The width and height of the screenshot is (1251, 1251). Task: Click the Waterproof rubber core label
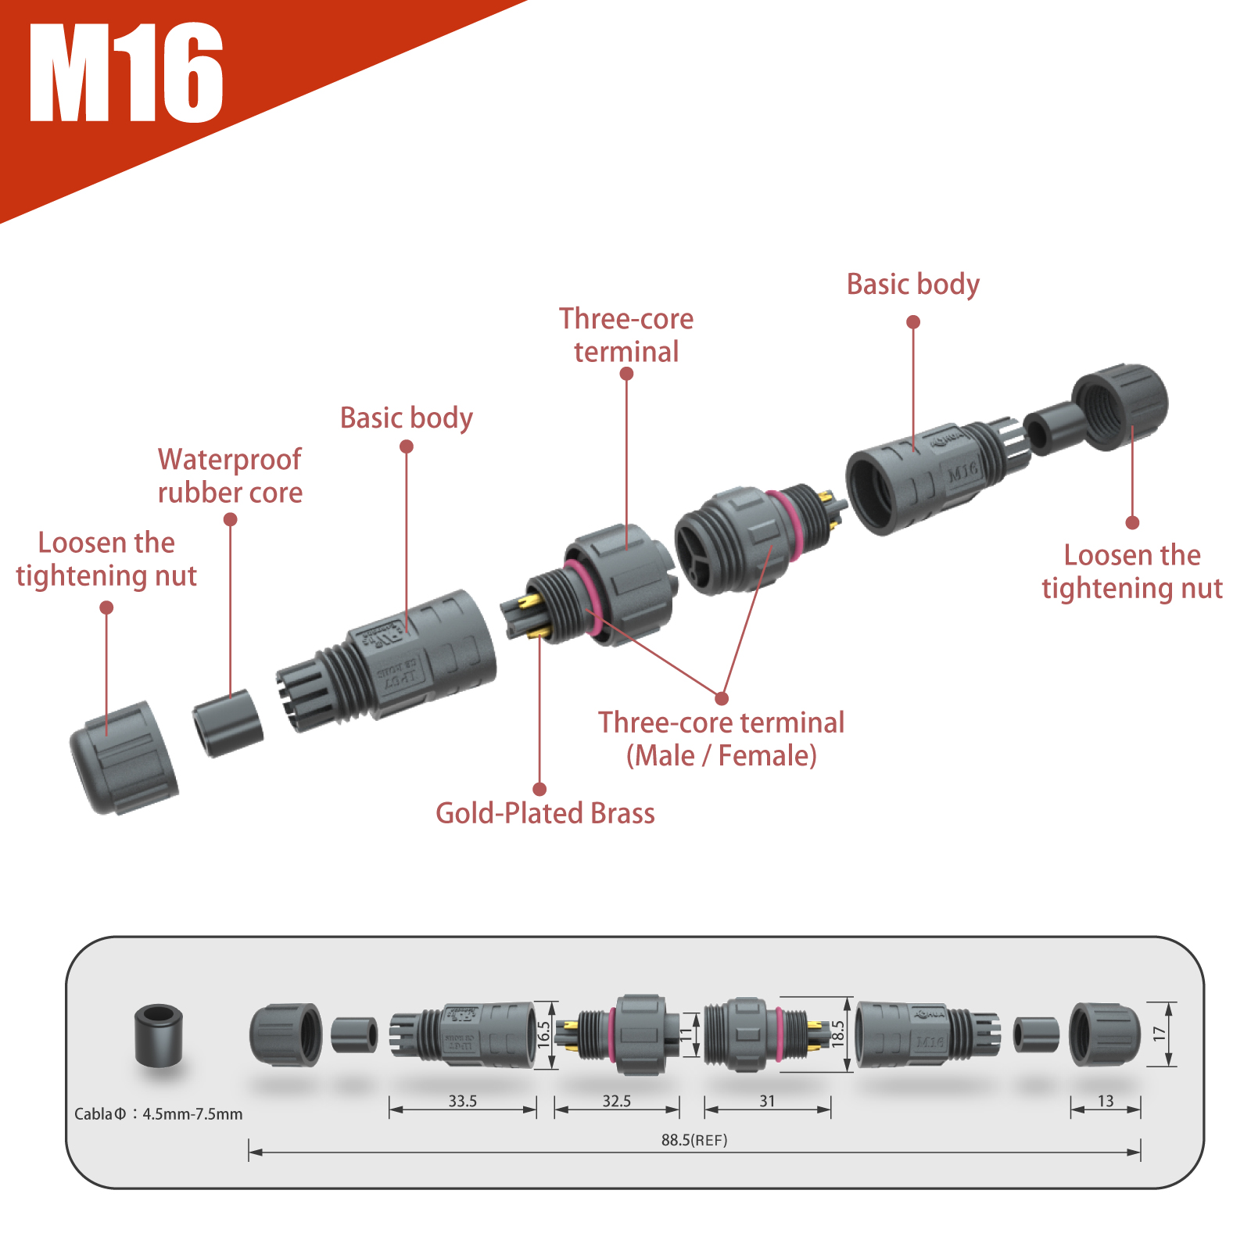point(230,476)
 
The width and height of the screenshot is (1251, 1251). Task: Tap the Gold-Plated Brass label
point(545,813)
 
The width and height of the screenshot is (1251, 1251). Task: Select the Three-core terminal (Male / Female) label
point(721,739)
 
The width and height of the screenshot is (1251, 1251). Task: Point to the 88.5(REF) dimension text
point(694,1140)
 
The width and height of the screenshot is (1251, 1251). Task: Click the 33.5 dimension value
point(462,1101)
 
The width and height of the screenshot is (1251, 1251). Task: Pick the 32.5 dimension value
point(616,1101)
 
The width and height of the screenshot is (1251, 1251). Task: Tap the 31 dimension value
point(767,1101)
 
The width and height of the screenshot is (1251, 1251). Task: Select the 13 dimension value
point(1105,1101)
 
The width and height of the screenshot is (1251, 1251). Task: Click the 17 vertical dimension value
point(1159,1034)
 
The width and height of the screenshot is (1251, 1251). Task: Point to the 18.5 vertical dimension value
point(837,1034)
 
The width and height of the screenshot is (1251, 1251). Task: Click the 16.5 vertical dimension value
point(543,1034)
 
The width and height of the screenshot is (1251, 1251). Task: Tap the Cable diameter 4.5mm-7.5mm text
point(158,1114)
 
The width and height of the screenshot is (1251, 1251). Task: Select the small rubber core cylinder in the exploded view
point(228,722)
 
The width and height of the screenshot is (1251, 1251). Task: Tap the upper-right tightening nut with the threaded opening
point(1120,407)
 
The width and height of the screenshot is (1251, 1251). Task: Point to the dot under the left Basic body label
point(407,446)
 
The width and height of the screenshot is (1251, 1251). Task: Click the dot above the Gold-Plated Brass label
point(539,789)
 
